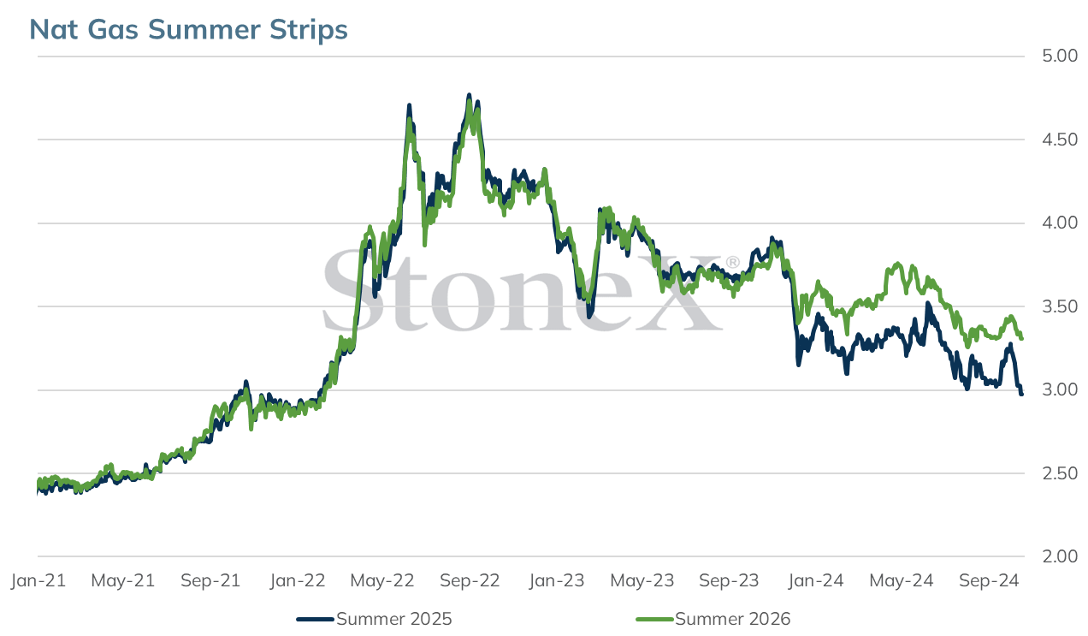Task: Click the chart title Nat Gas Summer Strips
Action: tap(188, 29)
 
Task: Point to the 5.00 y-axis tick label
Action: tap(1060, 56)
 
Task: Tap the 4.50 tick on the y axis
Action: tap(1060, 140)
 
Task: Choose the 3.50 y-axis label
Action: tap(1060, 306)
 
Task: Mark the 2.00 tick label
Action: tap(1060, 556)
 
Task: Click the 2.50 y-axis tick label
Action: tap(1060, 473)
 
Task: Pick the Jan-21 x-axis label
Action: tap(38, 580)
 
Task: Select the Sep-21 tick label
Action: tap(210, 580)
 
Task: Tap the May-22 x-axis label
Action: tap(381, 580)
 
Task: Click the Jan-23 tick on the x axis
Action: tap(557, 580)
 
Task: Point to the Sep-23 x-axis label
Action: tap(729, 580)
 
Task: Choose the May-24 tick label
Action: tap(901, 580)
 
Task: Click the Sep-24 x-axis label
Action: tap(989, 580)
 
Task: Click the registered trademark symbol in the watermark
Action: tap(732, 263)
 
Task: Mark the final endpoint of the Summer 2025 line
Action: tap(1021, 394)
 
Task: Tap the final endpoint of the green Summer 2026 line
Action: tap(1022, 338)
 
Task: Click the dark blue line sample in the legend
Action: tap(316, 619)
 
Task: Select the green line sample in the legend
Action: tap(654, 619)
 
